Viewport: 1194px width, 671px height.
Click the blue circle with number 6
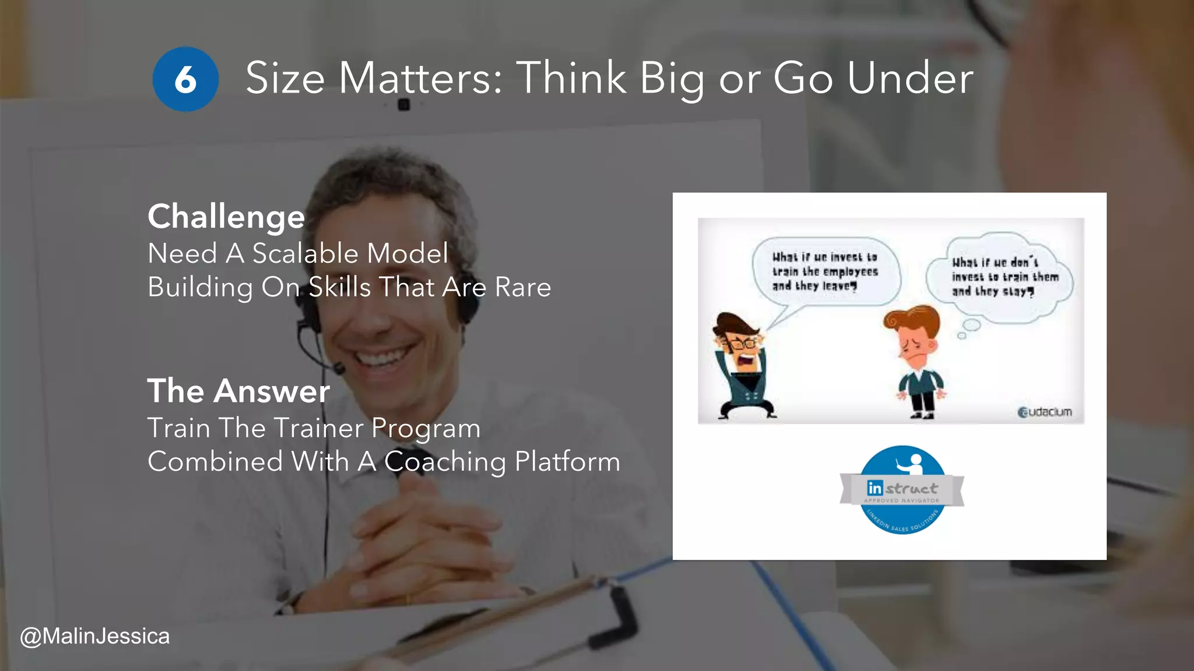[185, 79]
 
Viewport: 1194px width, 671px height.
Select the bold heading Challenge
[226, 217]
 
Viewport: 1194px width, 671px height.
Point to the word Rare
[522, 287]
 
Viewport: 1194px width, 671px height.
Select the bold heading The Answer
[238, 391]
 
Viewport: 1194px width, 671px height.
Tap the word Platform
[567, 461]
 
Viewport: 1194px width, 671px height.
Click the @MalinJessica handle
[94, 636]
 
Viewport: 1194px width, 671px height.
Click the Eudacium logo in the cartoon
[1044, 412]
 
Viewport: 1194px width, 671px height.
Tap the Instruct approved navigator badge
[902, 490]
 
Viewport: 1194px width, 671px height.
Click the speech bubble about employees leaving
[824, 271]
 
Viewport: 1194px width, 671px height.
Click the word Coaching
[445, 461]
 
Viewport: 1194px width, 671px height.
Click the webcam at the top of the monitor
[403, 105]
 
